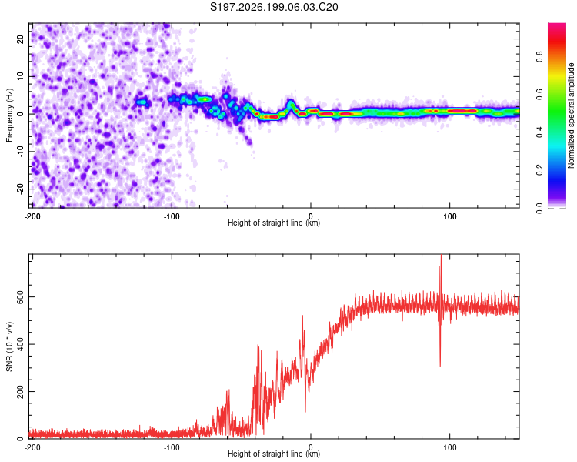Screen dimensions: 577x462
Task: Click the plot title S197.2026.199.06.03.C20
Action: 274,7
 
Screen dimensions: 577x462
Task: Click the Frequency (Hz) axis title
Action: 9,115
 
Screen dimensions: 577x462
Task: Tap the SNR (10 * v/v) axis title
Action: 9,346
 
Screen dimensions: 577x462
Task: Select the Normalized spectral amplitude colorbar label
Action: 571,115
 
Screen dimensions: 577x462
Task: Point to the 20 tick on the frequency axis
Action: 20,38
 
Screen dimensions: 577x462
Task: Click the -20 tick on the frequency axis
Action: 20,189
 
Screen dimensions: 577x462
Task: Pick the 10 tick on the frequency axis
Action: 20,76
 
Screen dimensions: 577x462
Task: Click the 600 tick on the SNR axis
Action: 20,297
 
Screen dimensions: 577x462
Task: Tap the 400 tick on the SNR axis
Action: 20,344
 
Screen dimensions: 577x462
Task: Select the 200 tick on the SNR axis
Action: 20,391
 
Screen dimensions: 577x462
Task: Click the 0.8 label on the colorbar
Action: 539,57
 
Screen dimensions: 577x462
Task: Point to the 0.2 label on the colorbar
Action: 539,170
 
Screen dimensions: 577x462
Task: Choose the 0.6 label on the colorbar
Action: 539,94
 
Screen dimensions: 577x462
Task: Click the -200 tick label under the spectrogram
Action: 32,216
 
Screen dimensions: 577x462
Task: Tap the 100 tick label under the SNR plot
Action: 450,447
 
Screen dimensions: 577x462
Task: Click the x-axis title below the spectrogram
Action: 274,223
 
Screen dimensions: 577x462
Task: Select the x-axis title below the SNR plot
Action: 274,454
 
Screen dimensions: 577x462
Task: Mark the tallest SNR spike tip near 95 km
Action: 441,255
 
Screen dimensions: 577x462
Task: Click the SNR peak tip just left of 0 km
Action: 303,316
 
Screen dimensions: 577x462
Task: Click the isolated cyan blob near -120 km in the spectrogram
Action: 142,102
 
